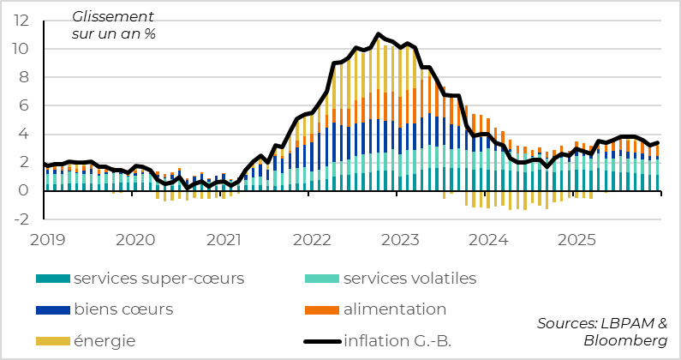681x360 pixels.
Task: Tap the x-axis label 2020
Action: pyautogui.click(x=134, y=238)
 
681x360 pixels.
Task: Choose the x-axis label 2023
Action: pyautogui.click(x=401, y=238)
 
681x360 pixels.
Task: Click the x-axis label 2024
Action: pyautogui.click(x=490, y=238)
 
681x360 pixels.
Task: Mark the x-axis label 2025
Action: pyautogui.click(x=579, y=238)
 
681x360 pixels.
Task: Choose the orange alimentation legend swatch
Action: pyautogui.click(x=321, y=309)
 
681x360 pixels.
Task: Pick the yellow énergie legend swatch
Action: pyautogui.click(x=52, y=341)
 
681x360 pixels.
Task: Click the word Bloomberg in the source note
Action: pyautogui.click(x=625, y=341)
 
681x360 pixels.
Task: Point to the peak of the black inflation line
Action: pyautogui.click(x=378, y=34)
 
